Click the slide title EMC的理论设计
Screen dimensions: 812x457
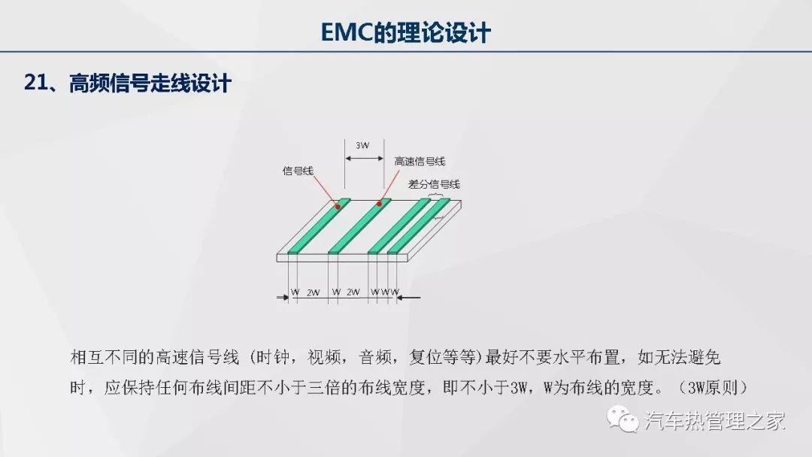click(405, 32)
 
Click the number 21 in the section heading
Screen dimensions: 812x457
click(36, 83)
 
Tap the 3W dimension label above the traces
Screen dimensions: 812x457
click(362, 145)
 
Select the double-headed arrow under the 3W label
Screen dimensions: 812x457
click(365, 159)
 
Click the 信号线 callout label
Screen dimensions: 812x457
click(298, 171)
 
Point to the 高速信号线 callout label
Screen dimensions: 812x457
click(420, 162)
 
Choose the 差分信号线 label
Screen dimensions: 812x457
click(434, 184)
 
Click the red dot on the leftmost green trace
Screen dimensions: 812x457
click(338, 207)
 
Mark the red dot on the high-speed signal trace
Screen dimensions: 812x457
click(379, 204)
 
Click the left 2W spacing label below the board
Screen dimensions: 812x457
click(313, 292)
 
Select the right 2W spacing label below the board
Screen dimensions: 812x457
click(353, 292)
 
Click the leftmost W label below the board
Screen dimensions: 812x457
click(295, 292)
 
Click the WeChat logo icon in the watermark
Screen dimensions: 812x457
click(623, 419)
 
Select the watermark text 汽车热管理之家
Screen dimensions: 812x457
click(715, 420)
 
